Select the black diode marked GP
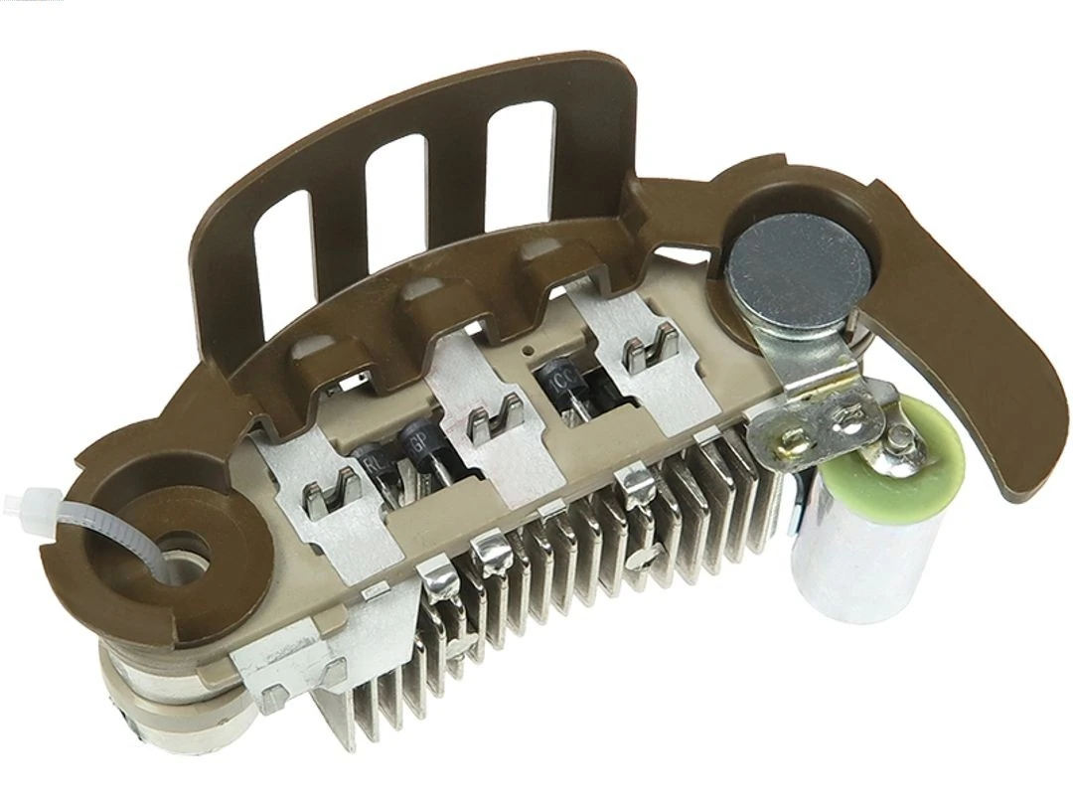pos(416,442)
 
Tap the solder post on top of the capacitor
pos(898,438)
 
